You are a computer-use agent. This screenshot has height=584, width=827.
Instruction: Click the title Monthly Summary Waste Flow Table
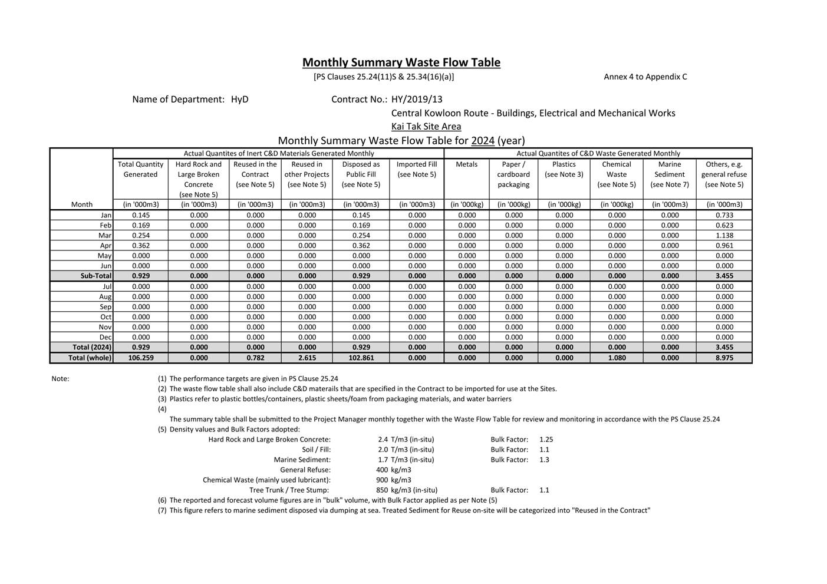(401, 62)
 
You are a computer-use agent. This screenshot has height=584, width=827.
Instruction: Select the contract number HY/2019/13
(417, 100)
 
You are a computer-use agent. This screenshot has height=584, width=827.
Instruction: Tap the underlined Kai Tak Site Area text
(426, 127)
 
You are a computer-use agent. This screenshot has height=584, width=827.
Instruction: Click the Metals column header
(466, 164)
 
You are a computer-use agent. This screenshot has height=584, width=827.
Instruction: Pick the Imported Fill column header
(417, 169)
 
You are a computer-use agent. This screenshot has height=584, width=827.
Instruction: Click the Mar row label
(105, 236)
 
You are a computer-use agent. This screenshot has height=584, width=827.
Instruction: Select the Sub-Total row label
(95, 276)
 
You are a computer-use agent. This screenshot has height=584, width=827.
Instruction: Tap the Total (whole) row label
(90, 358)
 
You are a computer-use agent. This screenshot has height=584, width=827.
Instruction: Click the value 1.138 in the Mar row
(724, 236)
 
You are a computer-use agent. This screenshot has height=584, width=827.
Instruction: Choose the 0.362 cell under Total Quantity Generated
(141, 246)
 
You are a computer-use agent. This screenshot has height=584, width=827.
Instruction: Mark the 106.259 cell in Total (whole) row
(141, 358)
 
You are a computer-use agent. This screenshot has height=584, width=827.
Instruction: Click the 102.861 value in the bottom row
(361, 358)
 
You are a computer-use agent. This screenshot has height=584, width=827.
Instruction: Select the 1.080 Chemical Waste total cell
(617, 358)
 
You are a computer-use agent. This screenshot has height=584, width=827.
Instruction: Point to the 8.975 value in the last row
(724, 358)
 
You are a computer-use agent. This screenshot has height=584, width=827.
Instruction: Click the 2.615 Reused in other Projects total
(307, 358)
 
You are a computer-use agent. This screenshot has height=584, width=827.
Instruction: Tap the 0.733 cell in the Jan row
(724, 216)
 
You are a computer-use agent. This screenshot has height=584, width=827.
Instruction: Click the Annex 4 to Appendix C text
(645, 77)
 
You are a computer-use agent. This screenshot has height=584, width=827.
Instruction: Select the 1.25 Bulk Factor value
(546, 440)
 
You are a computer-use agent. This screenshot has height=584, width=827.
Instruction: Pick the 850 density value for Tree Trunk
(382, 490)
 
